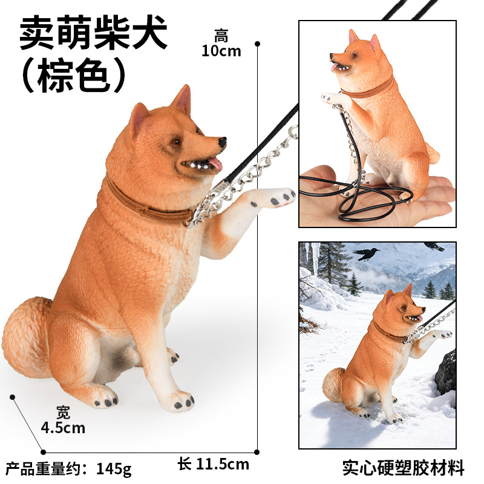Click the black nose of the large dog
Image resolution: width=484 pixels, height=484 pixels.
click(222, 142)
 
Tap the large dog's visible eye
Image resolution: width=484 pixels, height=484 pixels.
click(176, 142)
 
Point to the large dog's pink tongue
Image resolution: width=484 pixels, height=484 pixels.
click(216, 163)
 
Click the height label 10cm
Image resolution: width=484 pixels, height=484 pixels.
click(221, 51)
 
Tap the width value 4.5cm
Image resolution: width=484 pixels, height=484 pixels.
click(63, 428)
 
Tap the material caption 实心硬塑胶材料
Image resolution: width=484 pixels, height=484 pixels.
click(404, 468)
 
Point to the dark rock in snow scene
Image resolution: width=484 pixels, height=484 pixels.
click(446, 373)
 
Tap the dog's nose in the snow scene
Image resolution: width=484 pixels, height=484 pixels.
click(423, 309)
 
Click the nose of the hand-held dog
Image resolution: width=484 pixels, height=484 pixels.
click(331, 56)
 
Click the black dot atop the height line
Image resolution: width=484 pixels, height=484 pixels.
click(258, 44)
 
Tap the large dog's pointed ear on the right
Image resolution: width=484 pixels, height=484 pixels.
click(183, 99)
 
